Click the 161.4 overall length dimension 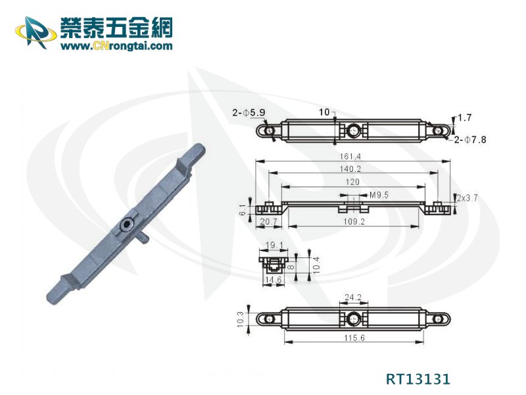click(x=350, y=157)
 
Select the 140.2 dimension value click(x=350, y=169)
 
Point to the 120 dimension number click(x=352, y=182)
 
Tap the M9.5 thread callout click(x=379, y=195)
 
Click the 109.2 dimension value click(x=354, y=222)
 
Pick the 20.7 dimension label click(x=268, y=222)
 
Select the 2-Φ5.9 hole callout click(x=249, y=113)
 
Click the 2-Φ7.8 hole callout click(x=470, y=140)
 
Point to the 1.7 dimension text click(x=465, y=118)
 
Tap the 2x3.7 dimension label click(x=467, y=198)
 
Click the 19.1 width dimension click(x=274, y=245)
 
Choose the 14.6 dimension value click(x=274, y=280)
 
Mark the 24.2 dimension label click(x=353, y=298)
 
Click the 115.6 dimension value click(x=354, y=338)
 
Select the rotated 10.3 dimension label click(x=240, y=319)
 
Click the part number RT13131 click(x=418, y=379)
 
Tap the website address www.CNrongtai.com click(x=116, y=45)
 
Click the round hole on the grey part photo click(x=127, y=224)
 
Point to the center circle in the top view click(x=352, y=130)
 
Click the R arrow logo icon click(x=36, y=32)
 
